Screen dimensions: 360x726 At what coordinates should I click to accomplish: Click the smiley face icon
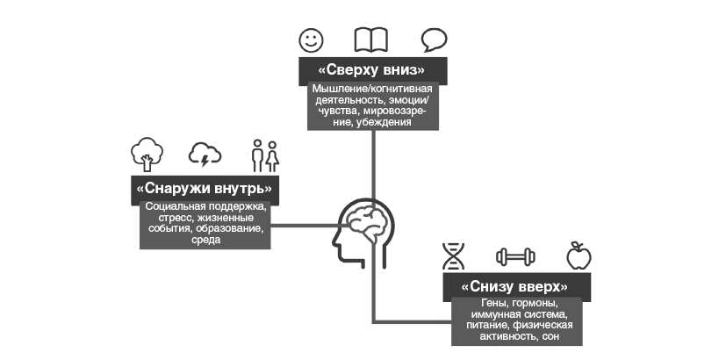(x=310, y=40)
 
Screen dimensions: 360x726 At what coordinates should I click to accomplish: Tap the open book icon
(x=370, y=40)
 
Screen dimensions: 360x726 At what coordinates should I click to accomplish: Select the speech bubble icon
(x=434, y=40)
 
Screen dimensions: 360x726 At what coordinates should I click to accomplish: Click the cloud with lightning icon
(x=205, y=155)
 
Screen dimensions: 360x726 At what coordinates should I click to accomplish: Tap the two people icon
(x=264, y=155)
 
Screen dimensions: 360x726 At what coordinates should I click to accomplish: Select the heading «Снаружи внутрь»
(x=204, y=188)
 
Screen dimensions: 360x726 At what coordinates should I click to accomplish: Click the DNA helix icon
(x=454, y=256)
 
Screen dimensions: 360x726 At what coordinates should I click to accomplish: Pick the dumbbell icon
(x=514, y=256)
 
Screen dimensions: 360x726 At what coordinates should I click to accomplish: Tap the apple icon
(x=578, y=256)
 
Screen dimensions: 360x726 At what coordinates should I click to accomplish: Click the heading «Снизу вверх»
(x=514, y=287)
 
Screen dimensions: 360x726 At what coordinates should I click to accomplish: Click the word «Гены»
(x=475, y=304)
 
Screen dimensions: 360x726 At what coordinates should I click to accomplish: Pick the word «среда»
(x=205, y=240)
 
